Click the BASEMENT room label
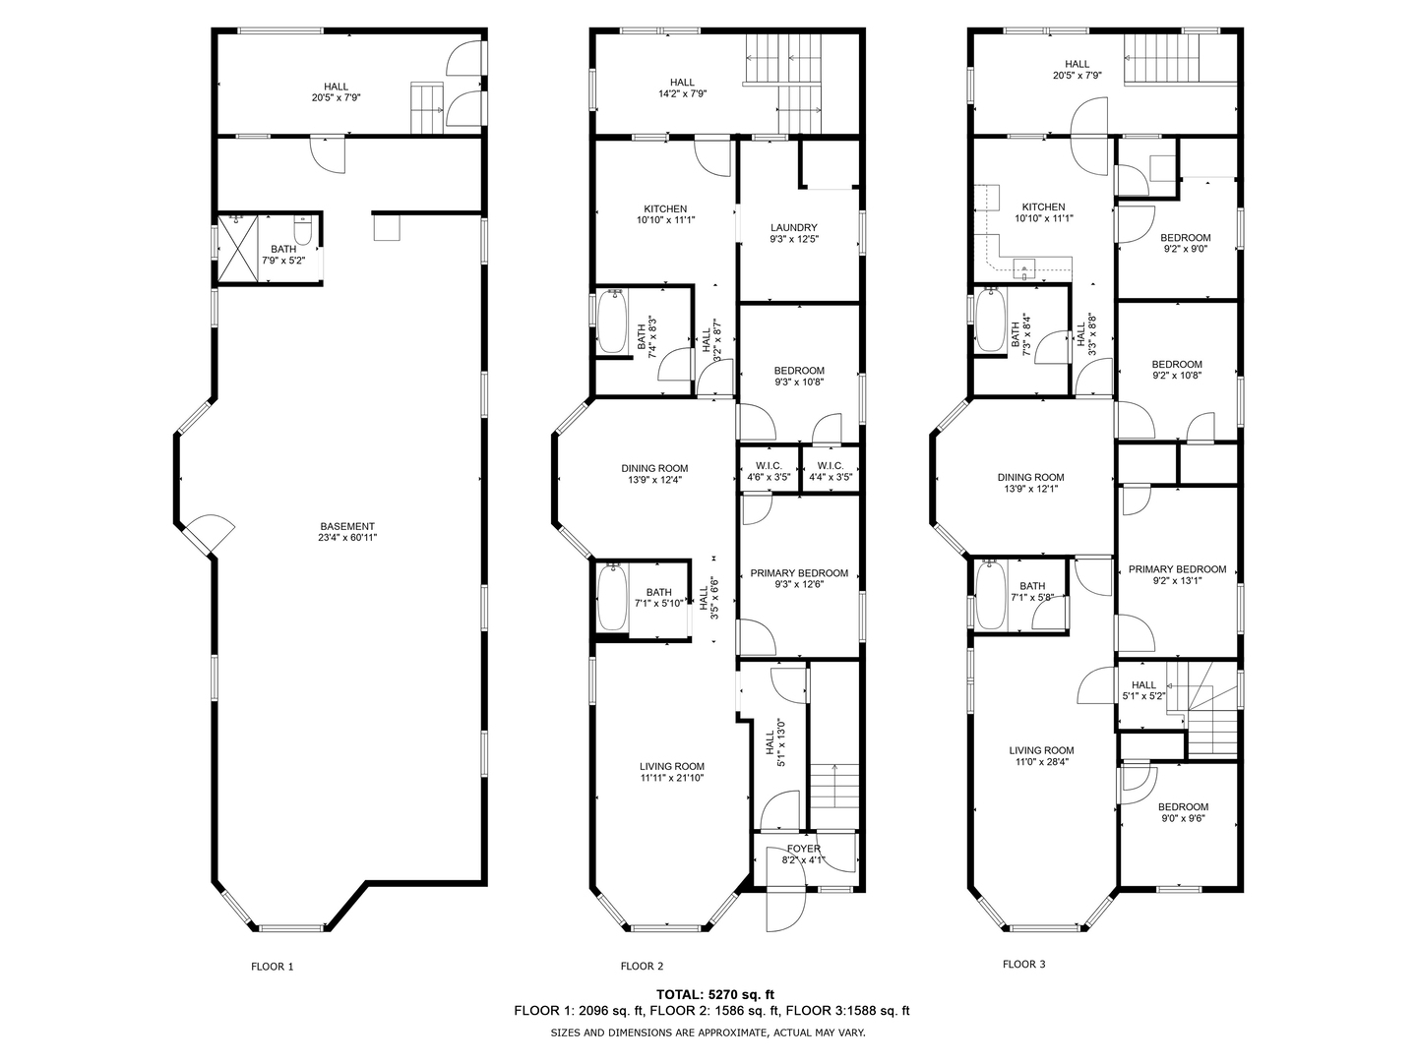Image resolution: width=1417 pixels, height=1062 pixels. pos(347,526)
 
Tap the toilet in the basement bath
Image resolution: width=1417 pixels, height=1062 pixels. pos(303,232)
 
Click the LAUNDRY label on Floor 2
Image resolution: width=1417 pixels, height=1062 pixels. pos(793,227)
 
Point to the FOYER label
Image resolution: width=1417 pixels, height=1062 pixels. pos(803,849)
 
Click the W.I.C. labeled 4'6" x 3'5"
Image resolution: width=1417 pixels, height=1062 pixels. pos(769,465)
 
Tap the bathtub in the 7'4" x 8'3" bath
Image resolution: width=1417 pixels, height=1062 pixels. pos(613,323)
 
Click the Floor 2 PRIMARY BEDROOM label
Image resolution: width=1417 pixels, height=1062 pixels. pos(798,573)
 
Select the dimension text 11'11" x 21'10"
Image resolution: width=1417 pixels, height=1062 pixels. pos(671,778)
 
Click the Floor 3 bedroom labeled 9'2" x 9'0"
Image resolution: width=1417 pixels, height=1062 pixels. pos(1185,238)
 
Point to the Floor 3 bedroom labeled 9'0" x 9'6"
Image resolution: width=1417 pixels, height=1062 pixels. pos(1183,806)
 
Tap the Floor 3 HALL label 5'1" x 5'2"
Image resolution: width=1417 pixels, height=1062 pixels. pos(1143,685)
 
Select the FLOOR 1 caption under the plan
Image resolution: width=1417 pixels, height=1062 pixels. pos(273,967)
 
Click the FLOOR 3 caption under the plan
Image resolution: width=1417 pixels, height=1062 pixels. pos(1023,965)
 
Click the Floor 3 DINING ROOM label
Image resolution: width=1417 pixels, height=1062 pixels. pos(1034,477)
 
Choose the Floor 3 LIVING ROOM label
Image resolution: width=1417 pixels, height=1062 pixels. pos(1041,750)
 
